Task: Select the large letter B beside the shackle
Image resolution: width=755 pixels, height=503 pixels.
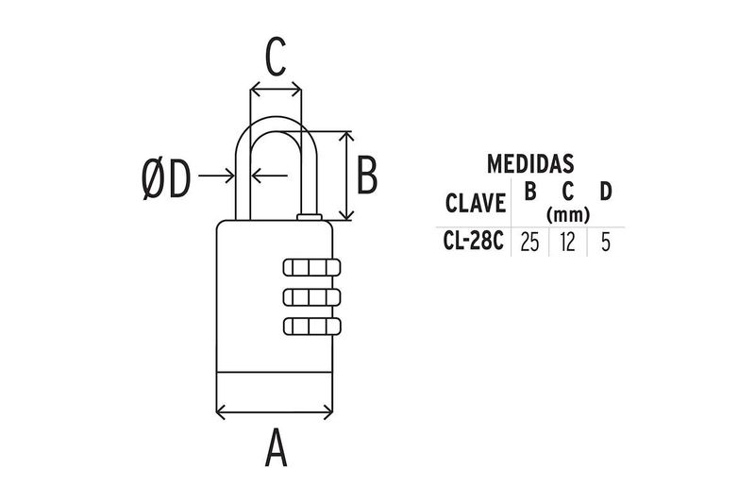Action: (368, 176)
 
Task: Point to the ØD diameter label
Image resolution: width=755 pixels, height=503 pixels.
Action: (166, 178)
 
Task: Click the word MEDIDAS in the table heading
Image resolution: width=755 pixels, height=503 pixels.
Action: (531, 164)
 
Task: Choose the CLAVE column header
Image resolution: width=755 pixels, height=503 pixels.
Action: (475, 203)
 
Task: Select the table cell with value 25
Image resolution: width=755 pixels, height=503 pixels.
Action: (529, 243)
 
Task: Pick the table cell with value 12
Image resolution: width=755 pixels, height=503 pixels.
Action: (567, 243)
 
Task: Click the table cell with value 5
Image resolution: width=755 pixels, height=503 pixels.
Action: (605, 243)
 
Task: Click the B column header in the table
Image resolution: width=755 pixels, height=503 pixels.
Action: (529, 192)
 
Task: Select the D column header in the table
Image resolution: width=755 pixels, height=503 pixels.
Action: (605, 192)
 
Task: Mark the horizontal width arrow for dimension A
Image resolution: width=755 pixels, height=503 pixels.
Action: (276, 411)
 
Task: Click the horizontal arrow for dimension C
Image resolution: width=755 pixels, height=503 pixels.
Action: (276, 91)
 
